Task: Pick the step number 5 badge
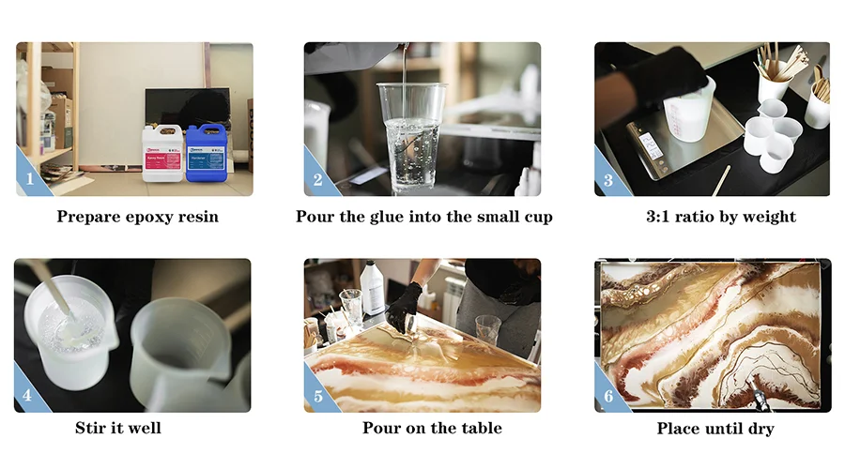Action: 316,396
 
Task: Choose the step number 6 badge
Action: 607,396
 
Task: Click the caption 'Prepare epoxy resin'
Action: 137,217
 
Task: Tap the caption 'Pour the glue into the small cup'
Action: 423,217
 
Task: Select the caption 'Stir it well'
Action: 118,429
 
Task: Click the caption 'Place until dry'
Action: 714,429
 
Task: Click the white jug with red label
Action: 161,152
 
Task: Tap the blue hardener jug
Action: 206,152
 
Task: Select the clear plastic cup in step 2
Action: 411,136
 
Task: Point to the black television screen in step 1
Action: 187,105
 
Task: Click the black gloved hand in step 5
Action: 405,305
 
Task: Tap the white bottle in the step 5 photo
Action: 372,288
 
